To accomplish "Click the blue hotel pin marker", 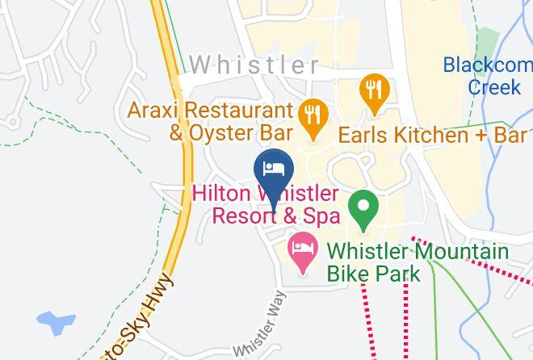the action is point(274,169).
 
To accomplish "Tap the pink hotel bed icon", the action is point(303,246).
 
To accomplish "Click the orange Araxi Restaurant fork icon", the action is point(311,114).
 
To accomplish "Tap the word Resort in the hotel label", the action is point(241,217).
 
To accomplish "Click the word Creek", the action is point(493,85).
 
